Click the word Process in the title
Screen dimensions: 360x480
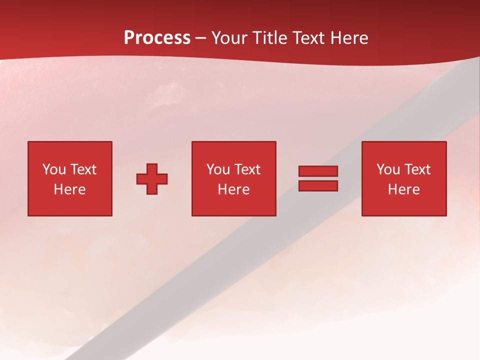(x=157, y=38)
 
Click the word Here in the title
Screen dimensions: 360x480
(x=349, y=38)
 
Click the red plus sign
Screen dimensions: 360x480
(x=152, y=179)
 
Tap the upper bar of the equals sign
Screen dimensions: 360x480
(x=318, y=171)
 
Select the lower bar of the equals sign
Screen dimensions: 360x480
(x=318, y=186)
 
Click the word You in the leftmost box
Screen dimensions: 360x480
(x=54, y=169)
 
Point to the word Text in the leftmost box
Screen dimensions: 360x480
(x=83, y=169)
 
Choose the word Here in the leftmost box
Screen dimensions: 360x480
(x=69, y=189)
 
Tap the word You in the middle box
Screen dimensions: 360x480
(x=218, y=169)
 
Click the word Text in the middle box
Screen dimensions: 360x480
(x=247, y=169)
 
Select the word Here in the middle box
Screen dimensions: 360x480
(x=233, y=189)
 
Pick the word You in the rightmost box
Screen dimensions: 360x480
(x=388, y=169)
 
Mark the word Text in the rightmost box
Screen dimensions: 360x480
(x=417, y=169)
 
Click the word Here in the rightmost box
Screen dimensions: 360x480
(x=403, y=189)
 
